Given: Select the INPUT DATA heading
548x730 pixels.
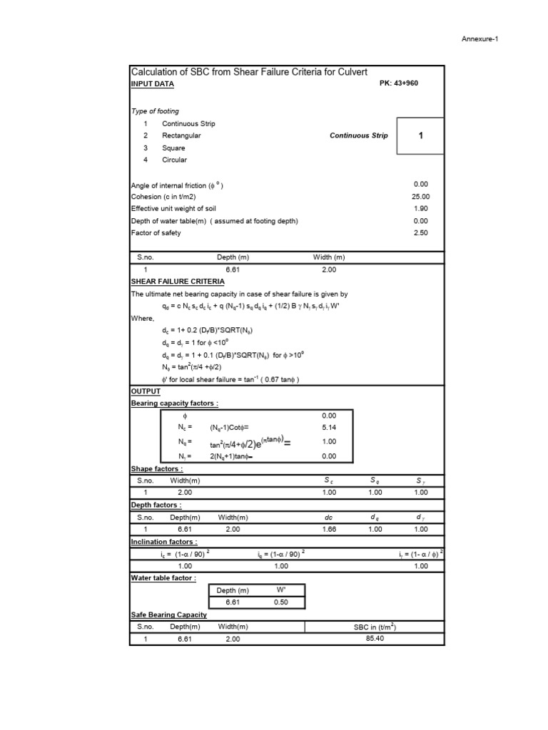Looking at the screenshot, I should [152, 84].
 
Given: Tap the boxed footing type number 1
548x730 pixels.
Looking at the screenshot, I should [420, 135].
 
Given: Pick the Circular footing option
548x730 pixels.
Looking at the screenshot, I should [174, 160].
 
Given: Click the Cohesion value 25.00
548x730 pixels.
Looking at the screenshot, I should [420, 197].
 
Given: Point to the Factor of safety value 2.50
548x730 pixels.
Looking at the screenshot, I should [420, 233].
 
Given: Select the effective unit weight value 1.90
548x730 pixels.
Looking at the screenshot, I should [420, 209].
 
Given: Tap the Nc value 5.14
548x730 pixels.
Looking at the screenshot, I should [328, 427].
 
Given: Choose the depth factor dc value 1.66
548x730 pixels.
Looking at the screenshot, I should [328, 530].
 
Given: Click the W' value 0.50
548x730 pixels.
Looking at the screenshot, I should [280, 602].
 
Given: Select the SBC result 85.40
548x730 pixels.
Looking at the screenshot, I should [375, 639].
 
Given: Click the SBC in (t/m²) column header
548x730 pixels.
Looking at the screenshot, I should [375, 627].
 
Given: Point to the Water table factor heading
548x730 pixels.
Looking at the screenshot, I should [163, 578].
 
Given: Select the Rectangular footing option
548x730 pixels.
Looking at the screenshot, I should [181, 135].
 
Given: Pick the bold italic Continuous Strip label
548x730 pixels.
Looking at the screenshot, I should [358, 135].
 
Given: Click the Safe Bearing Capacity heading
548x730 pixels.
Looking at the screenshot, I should [168, 615].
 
